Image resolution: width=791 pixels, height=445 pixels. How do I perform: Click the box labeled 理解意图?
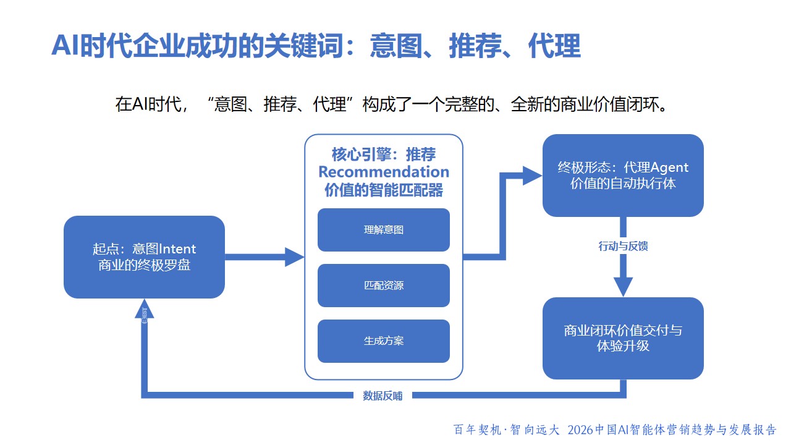click(384, 230)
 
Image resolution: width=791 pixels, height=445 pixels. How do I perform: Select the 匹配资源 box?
click(384, 286)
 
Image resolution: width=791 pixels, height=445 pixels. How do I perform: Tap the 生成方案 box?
click(384, 341)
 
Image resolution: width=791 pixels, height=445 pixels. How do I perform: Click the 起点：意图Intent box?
click(144, 257)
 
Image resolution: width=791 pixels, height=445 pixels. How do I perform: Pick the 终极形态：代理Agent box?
click(623, 176)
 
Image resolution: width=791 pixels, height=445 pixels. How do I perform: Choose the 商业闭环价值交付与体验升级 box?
click(623, 338)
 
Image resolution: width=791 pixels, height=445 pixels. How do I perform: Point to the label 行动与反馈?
click(623, 246)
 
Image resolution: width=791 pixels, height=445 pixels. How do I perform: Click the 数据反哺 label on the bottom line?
click(383, 396)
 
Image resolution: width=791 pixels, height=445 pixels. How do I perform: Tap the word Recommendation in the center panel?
click(384, 171)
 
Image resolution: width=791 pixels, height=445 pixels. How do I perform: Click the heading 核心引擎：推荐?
click(384, 153)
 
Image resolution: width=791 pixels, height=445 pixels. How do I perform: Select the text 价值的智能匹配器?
click(384, 190)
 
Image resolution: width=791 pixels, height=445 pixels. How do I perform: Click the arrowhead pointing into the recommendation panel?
click(295, 256)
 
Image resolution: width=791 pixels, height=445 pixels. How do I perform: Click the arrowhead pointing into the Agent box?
click(532, 176)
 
